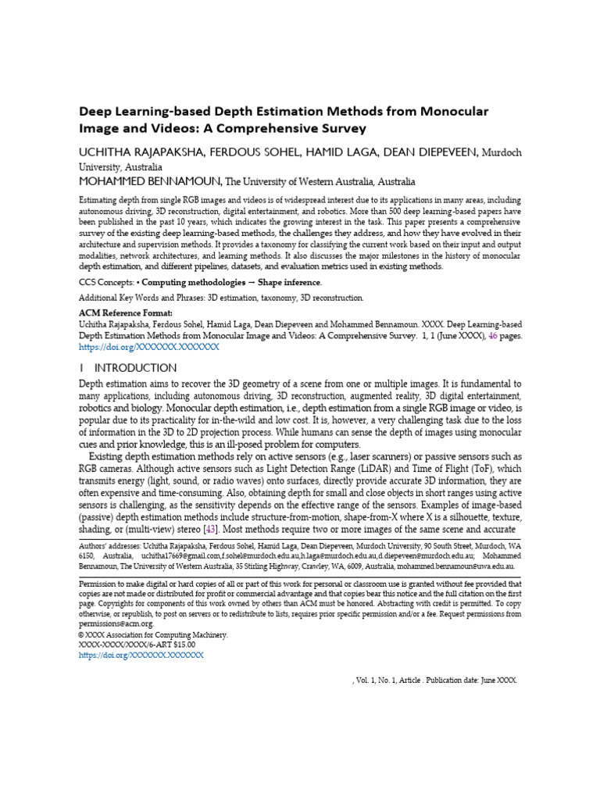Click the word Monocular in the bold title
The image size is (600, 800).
point(447,111)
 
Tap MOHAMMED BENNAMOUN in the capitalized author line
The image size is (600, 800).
point(150,180)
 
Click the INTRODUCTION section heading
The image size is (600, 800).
point(135,367)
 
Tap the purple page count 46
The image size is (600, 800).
point(493,334)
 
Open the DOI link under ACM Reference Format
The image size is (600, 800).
point(149,346)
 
